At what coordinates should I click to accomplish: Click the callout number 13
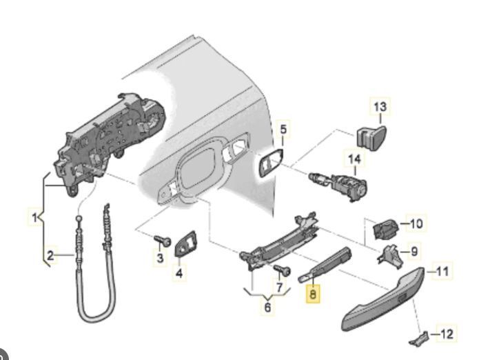point(380,107)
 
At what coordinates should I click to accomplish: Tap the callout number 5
point(285,128)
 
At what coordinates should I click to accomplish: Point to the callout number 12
point(447,334)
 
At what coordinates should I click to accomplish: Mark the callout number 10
point(416,223)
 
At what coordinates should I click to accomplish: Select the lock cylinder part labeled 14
point(340,183)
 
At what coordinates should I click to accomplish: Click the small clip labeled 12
point(419,337)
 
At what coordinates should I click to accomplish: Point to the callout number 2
point(50,257)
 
